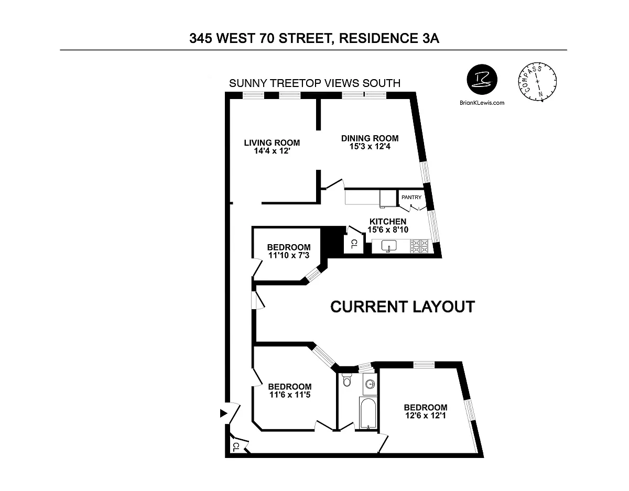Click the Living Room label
(272, 143)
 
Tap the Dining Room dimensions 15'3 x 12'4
(370, 146)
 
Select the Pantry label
(411, 198)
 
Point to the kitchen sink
(389, 246)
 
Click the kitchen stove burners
(420, 246)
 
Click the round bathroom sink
(370, 385)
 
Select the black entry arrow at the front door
(223, 413)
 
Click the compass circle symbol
(537, 82)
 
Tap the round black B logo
(482, 80)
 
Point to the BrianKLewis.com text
(482, 103)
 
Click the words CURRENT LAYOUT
(403, 307)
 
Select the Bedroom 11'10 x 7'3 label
(289, 251)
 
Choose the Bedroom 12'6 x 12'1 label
(426, 411)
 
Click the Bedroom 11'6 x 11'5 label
(290, 390)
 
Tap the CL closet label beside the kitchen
(354, 244)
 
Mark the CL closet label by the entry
(236, 448)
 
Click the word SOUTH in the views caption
(382, 83)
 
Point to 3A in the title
(430, 38)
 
